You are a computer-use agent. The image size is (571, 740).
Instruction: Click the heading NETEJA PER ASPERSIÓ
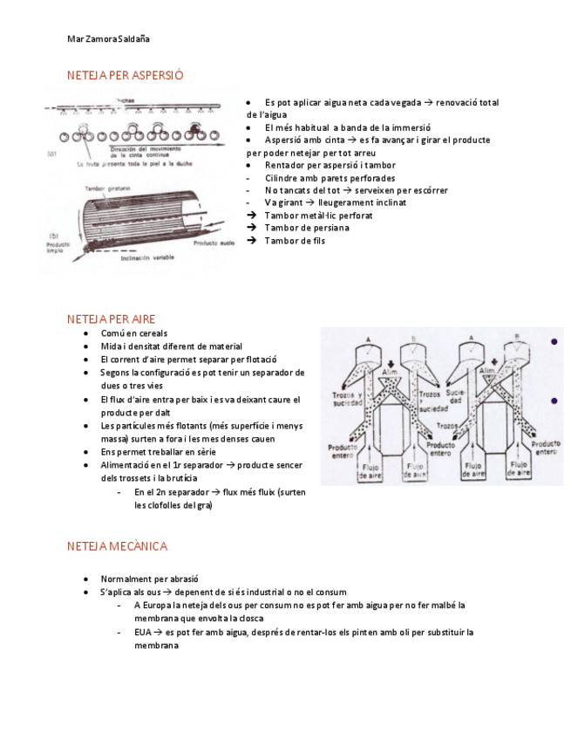pyautogui.click(x=125, y=75)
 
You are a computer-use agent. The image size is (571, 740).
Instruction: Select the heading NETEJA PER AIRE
pyautogui.click(x=111, y=319)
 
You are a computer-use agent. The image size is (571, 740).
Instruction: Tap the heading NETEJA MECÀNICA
pyautogui.click(x=117, y=546)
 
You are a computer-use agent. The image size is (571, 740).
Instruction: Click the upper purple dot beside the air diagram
pyautogui.click(x=554, y=342)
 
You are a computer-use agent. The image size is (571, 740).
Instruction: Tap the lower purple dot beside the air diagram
pyautogui.click(x=554, y=401)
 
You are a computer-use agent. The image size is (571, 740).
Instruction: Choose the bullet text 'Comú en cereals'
pyautogui.click(x=134, y=333)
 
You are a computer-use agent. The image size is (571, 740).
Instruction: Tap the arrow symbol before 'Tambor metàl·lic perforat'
pyautogui.click(x=252, y=215)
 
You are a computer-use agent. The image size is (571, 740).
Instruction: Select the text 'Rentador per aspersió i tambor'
pyautogui.click(x=330, y=165)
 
